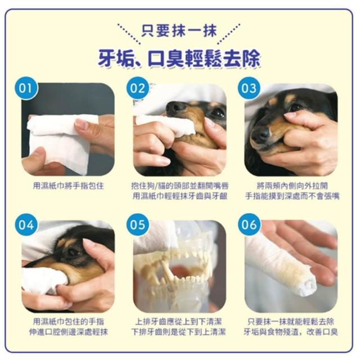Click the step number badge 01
25,88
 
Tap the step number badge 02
137,88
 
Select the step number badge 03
249,88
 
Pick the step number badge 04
26,224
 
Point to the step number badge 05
137,224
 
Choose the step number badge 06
249,224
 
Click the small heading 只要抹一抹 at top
179,31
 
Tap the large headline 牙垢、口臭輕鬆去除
179,58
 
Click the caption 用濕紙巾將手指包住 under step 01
68,186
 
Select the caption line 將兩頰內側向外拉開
292,186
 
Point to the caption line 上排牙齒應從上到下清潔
178,322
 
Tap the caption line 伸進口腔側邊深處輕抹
68,332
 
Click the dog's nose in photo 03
260,134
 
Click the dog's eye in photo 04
74,252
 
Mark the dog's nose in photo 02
175,107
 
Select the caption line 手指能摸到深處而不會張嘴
292,196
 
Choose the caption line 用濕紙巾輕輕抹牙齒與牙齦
180,196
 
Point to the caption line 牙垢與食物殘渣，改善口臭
290,332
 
